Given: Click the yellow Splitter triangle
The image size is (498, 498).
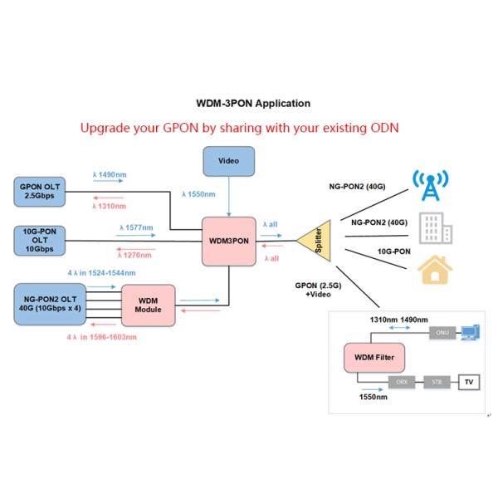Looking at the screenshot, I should pyautogui.click(x=315, y=242).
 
